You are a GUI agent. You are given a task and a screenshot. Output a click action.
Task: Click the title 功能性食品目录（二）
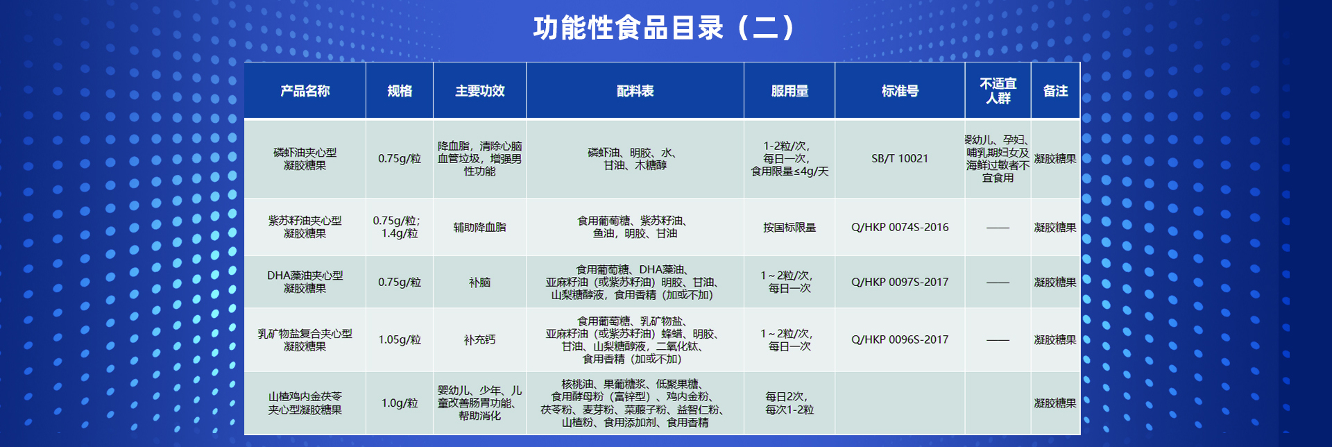[664, 28]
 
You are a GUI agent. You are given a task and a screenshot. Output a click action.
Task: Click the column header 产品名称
[305, 91]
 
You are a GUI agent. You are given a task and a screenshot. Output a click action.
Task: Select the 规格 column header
[400, 91]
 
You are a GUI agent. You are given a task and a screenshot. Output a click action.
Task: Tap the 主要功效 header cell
[479, 91]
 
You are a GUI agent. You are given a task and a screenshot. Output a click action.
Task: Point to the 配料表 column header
[635, 91]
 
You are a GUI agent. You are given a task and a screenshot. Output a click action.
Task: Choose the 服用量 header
[789, 91]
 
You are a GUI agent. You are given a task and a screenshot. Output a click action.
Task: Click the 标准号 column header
[900, 91]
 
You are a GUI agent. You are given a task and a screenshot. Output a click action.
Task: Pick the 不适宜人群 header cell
[998, 91]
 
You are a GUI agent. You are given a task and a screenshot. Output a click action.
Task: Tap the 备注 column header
[1055, 91]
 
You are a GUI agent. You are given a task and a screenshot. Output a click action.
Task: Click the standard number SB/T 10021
[900, 158]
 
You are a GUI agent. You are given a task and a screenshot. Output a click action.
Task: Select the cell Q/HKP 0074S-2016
[900, 227]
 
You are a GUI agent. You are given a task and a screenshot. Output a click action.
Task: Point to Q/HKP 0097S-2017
[900, 282]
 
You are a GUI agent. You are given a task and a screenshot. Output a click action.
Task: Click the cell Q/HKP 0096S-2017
[900, 339]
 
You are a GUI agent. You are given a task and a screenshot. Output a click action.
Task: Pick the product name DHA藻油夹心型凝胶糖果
[305, 282]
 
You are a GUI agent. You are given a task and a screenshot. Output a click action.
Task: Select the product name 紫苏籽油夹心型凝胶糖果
[305, 227]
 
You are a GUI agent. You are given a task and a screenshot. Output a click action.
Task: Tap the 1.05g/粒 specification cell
[400, 339]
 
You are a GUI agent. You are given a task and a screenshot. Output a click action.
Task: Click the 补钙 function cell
[479, 339]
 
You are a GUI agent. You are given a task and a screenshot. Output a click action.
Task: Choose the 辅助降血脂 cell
[479, 227]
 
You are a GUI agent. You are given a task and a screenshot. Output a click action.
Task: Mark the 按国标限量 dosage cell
[789, 227]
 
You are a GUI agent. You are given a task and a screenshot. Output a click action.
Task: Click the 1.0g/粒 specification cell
[400, 403]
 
